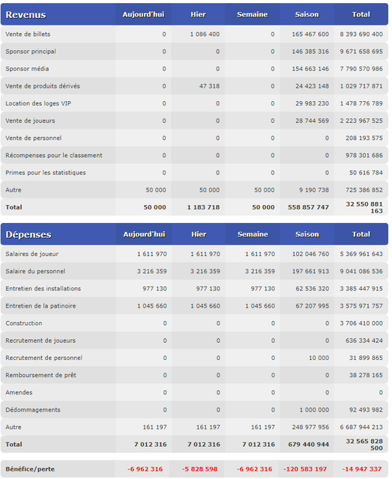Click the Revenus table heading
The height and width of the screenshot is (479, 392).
pyautogui.click(x=25, y=15)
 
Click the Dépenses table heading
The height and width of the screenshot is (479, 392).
pyautogui.click(x=28, y=234)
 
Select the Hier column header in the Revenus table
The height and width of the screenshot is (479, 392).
pyautogui.click(x=199, y=14)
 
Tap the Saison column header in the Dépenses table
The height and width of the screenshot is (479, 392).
pyautogui.click(x=307, y=234)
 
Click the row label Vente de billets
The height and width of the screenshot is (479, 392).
pyautogui.click(x=28, y=34)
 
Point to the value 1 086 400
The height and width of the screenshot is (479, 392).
pyautogui.click(x=205, y=34)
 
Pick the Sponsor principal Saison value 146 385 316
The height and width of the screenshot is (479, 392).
pyautogui.click(x=310, y=52)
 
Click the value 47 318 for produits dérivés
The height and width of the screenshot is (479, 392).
pyautogui.click(x=209, y=86)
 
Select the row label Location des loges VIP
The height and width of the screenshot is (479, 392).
pyautogui.click(x=38, y=103)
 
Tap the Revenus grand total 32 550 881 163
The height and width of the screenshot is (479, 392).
pyautogui.click(x=364, y=207)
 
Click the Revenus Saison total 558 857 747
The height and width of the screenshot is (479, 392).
pyautogui.click(x=308, y=207)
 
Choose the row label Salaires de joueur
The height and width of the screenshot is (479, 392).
pyautogui.click(x=31, y=254)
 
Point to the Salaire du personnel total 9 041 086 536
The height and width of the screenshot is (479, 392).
pyautogui.click(x=361, y=271)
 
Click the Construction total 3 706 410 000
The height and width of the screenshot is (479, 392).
pyautogui.click(x=361, y=323)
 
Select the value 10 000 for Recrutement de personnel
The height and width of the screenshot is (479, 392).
pyautogui.click(x=319, y=358)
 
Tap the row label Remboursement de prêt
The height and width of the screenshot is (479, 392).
pyautogui.click(x=40, y=375)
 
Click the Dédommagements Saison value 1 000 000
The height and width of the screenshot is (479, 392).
pyautogui.click(x=314, y=410)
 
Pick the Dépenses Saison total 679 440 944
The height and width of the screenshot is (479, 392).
pyautogui.click(x=309, y=445)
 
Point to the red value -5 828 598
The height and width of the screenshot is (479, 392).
pyautogui.click(x=200, y=469)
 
